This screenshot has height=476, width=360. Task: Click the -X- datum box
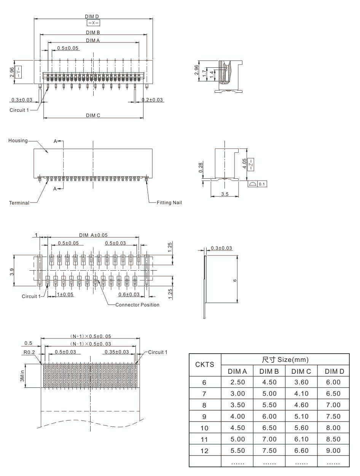click(93, 23)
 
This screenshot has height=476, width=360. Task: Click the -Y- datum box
click(18, 72)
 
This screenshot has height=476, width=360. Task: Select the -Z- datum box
click(251, 165)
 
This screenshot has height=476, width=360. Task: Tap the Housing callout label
click(18, 141)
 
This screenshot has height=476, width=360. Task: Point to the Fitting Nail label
click(169, 203)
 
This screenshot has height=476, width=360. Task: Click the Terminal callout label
click(19, 203)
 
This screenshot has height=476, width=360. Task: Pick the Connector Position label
click(137, 305)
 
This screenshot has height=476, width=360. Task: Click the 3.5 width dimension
click(225, 194)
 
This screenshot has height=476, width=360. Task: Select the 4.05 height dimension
click(244, 163)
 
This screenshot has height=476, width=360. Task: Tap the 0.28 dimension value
click(201, 167)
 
